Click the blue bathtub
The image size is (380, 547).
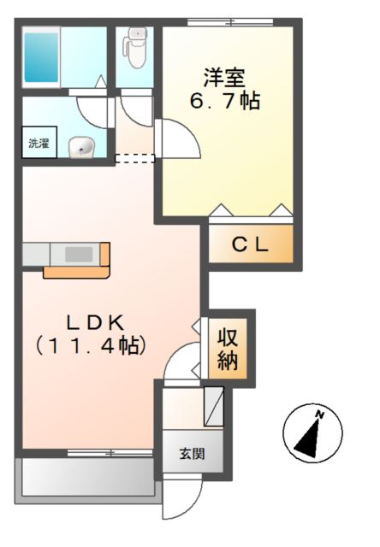[x=41, y=56]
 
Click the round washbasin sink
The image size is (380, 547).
[x=83, y=148]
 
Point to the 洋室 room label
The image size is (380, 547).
[x=225, y=77]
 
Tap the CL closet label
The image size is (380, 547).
[x=251, y=244]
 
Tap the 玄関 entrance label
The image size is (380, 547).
[x=192, y=453]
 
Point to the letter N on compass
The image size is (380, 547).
[x=320, y=415]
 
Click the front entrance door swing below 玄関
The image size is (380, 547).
[x=182, y=503]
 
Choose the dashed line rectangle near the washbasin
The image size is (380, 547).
[x=134, y=156]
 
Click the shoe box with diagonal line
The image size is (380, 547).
[x=214, y=405]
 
